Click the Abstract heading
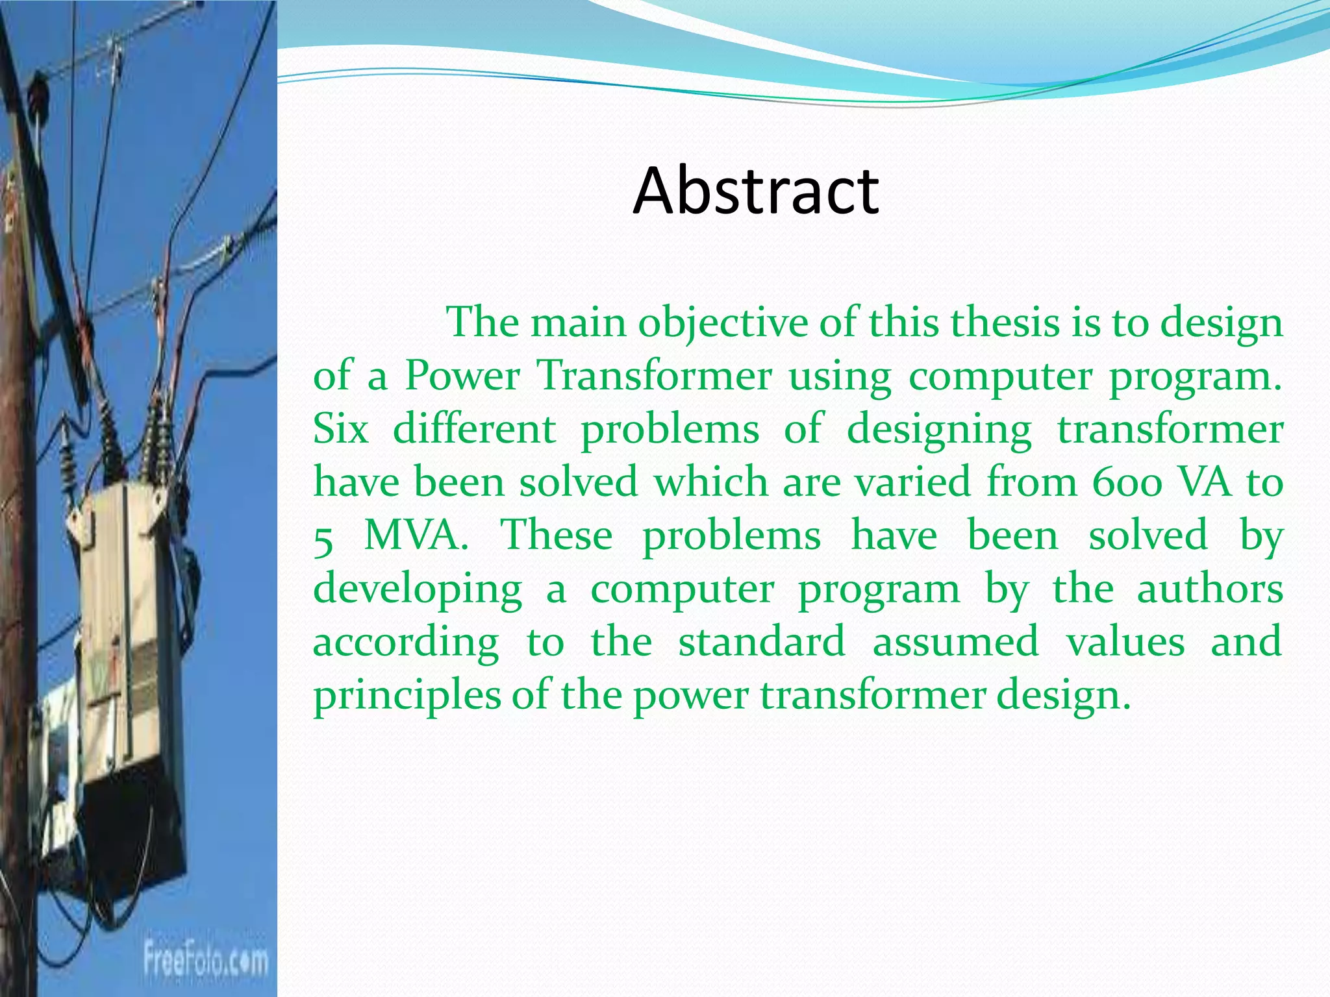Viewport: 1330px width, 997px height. [756, 190]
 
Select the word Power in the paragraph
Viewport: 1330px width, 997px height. [462, 376]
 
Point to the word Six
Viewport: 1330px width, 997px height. [340, 429]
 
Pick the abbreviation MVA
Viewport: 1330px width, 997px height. [416, 536]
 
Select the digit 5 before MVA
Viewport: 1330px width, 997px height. [323, 539]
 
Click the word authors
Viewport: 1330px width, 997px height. [1209, 589]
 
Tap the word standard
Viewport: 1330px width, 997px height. [762, 642]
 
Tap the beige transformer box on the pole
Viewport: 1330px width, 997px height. [123, 623]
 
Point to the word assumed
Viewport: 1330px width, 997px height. [955, 642]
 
